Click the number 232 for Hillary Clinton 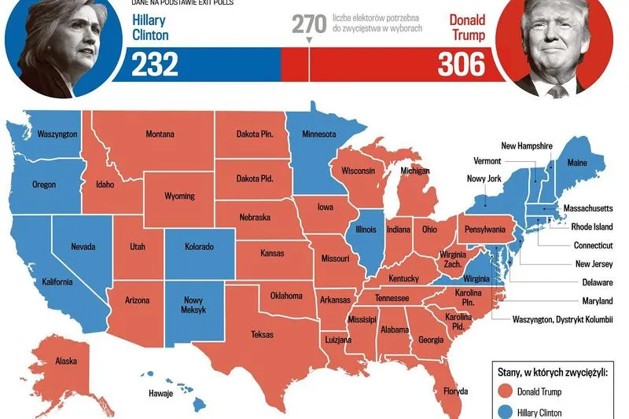click(x=155, y=65)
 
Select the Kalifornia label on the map click(x=57, y=282)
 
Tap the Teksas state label click(x=262, y=335)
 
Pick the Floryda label click(x=454, y=391)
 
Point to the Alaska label click(x=65, y=362)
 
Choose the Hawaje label click(x=160, y=393)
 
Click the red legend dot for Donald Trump click(x=505, y=391)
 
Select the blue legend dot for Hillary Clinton click(x=505, y=412)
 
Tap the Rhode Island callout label click(x=591, y=227)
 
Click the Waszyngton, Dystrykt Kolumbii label click(x=562, y=320)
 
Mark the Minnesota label click(x=318, y=134)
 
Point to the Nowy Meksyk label click(x=193, y=305)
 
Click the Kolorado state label click(x=199, y=247)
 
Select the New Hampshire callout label click(x=527, y=146)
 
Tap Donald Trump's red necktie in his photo click(x=557, y=91)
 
